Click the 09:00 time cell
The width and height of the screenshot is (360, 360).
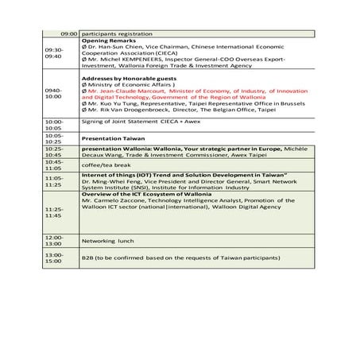(x=68, y=34)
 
